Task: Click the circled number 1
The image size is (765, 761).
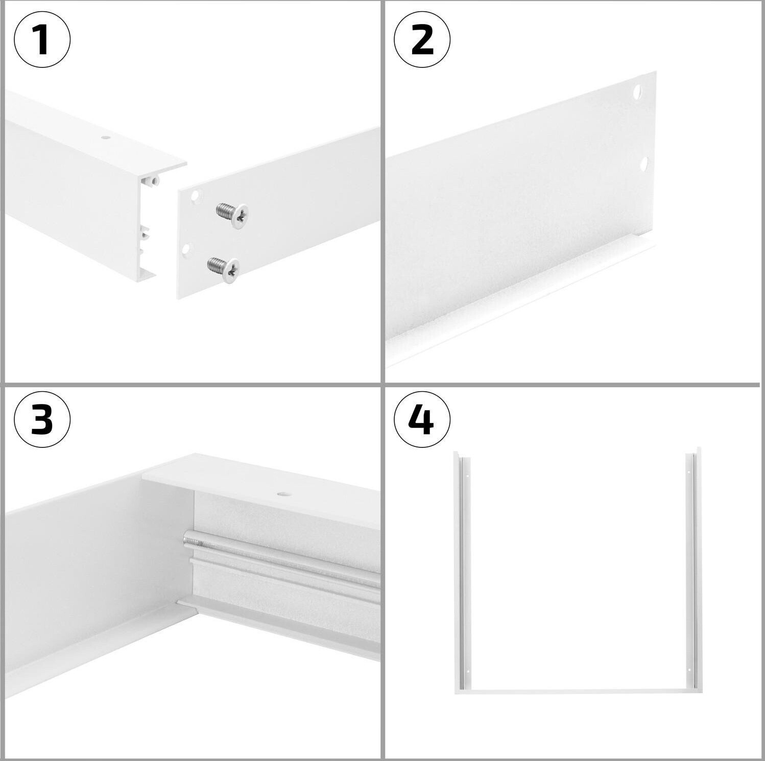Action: pyautogui.click(x=42, y=39)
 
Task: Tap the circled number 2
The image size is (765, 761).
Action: pyautogui.click(x=422, y=39)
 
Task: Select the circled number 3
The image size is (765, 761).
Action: pyautogui.click(x=42, y=419)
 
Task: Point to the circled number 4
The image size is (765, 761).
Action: pyautogui.click(x=422, y=419)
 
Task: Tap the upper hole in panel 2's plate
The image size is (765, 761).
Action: pyautogui.click(x=637, y=92)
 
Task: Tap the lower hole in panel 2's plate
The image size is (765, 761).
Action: pyautogui.click(x=643, y=164)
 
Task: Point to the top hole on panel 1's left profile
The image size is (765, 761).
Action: pyautogui.click(x=105, y=137)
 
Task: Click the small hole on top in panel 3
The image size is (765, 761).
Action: pyautogui.click(x=282, y=494)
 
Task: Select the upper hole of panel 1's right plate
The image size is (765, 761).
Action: pyautogui.click(x=195, y=195)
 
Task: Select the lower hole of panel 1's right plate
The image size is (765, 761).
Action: pyautogui.click(x=186, y=249)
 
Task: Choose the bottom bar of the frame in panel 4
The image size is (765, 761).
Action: pyautogui.click(x=578, y=691)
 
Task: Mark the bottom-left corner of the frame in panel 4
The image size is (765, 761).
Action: pyautogui.click(x=455, y=693)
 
